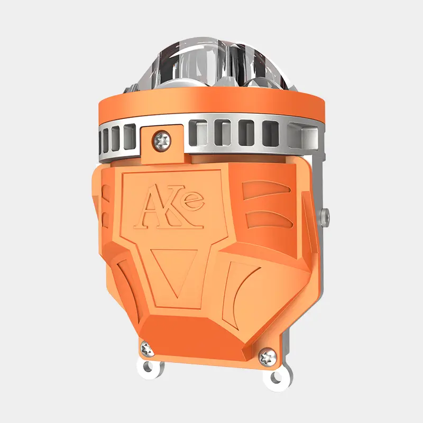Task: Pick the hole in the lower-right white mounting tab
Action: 277,377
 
